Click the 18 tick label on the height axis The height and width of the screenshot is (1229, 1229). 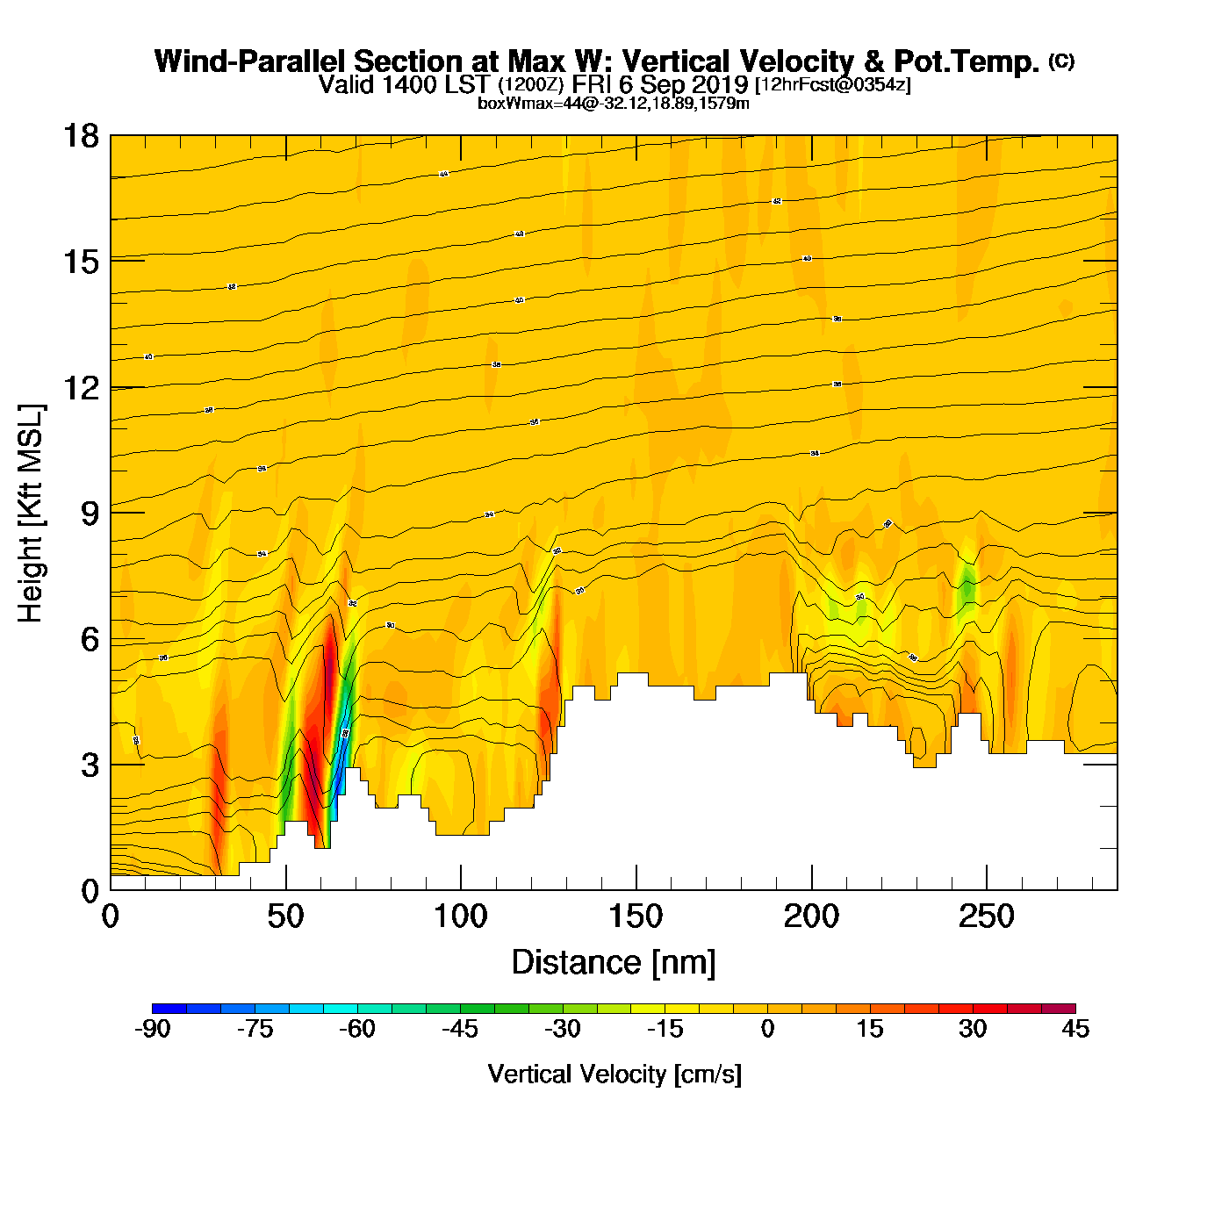click(80, 136)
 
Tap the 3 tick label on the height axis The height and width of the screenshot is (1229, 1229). click(90, 765)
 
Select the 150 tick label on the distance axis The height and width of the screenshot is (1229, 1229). click(636, 917)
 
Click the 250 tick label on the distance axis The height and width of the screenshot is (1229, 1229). click(986, 917)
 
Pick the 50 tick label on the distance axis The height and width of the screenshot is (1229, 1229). click(285, 917)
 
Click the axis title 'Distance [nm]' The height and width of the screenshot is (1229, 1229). click(614, 962)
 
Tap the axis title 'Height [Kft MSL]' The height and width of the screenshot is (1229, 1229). click(31, 514)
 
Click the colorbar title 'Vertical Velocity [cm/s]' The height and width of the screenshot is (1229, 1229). click(614, 1074)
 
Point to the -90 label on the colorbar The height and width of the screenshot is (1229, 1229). click(152, 1029)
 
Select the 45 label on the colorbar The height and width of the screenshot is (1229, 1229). click(1074, 1029)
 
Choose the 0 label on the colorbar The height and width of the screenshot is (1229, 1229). click(767, 1029)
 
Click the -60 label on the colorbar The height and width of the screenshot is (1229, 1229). click(357, 1029)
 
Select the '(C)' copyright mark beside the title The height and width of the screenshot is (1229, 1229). click(1061, 61)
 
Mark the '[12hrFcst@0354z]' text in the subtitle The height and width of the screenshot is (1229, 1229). click(832, 84)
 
